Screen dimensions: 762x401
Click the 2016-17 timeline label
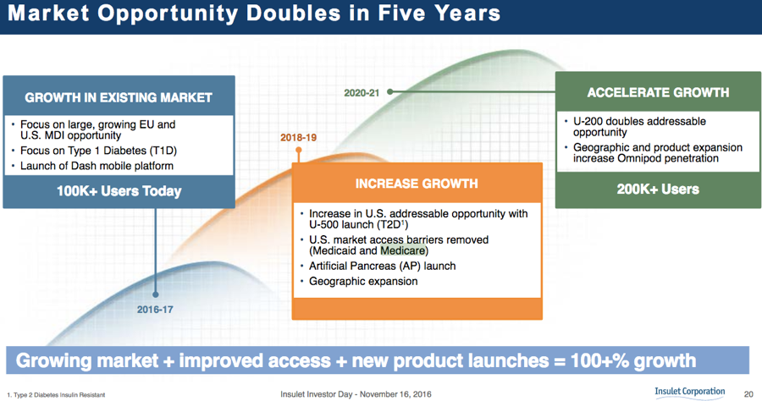tap(155, 310)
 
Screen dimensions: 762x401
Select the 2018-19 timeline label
tap(298, 137)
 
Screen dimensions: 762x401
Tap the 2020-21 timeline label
tap(362, 93)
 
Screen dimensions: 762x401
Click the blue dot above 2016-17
tap(156, 294)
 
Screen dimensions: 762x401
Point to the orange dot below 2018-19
tap(298, 150)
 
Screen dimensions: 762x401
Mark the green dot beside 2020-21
tap(389, 91)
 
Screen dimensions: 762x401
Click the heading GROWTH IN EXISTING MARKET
tap(119, 97)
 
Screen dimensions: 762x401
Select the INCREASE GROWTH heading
tap(417, 184)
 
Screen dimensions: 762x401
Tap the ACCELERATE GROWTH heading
tap(658, 92)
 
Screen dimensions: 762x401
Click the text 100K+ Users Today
tap(119, 191)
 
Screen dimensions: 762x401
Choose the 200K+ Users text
tap(658, 189)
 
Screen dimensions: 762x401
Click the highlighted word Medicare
tap(403, 250)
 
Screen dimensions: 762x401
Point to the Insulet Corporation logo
tap(689, 393)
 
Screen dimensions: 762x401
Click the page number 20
tap(748, 394)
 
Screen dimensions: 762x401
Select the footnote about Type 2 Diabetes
tap(56, 395)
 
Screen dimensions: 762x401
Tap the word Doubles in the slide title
tap(294, 13)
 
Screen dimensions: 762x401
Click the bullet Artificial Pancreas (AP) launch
tap(383, 266)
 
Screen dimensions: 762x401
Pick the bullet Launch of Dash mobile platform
tap(97, 166)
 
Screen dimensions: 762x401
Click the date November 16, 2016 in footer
tap(395, 394)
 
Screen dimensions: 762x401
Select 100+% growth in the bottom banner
tap(633, 360)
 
